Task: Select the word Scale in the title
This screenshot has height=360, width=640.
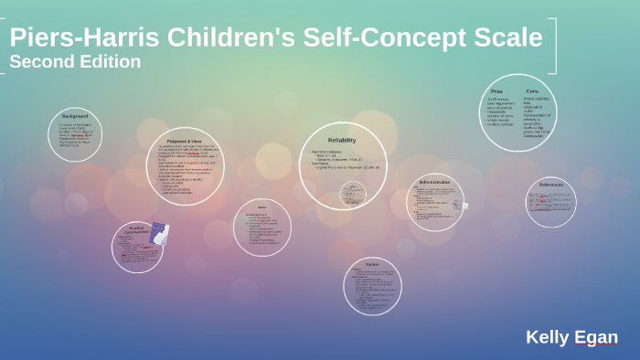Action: (508, 38)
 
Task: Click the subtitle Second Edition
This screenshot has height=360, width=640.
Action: (75, 62)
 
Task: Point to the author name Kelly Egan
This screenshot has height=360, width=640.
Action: (571, 337)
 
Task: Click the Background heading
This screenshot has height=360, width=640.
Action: (75, 116)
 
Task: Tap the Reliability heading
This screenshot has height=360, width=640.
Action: (341, 139)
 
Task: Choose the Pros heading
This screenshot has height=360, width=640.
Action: (496, 91)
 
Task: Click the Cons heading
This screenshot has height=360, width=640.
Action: (531, 91)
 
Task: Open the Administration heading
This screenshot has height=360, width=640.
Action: (434, 182)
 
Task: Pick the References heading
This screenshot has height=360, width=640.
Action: (551, 185)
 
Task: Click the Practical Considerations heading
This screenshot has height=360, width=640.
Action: (136, 231)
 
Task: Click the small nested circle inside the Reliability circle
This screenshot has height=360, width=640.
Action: (353, 194)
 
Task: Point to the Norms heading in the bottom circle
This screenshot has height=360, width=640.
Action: (372, 263)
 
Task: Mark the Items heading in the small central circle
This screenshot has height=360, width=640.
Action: (261, 206)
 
